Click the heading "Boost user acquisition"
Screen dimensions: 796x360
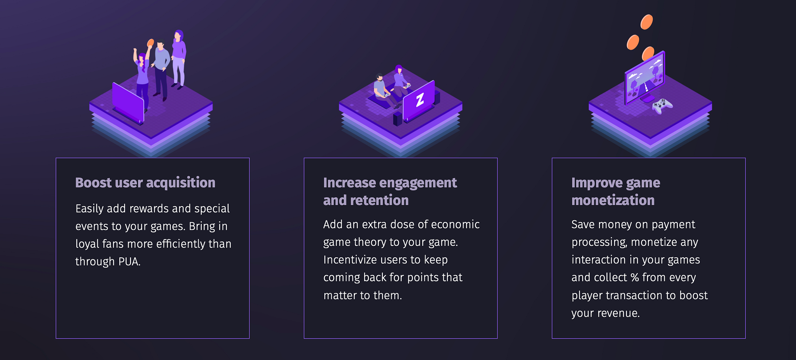click(x=145, y=183)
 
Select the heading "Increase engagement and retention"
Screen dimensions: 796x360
click(x=390, y=191)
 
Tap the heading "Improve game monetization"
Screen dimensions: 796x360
click(x=616, y=191)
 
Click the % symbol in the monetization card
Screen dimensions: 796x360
click(x=635, y=277)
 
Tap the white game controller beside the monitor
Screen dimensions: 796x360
click(x=662, y=106)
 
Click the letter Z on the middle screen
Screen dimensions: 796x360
click(x=420, y=100)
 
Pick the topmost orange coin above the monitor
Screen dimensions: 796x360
click(x=646, y=22)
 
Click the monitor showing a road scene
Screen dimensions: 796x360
click(x=645, y=78)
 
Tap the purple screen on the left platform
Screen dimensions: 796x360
click(x=128, y=102)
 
